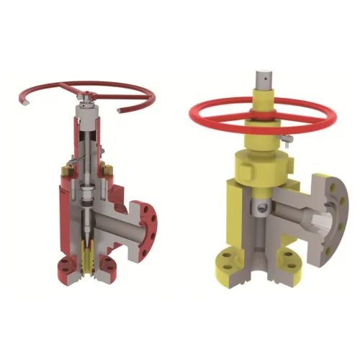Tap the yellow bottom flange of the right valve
point(238,261)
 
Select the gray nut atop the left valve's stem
point(86,97)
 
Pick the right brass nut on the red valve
point(109,171)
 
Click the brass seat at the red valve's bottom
point(88,259)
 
